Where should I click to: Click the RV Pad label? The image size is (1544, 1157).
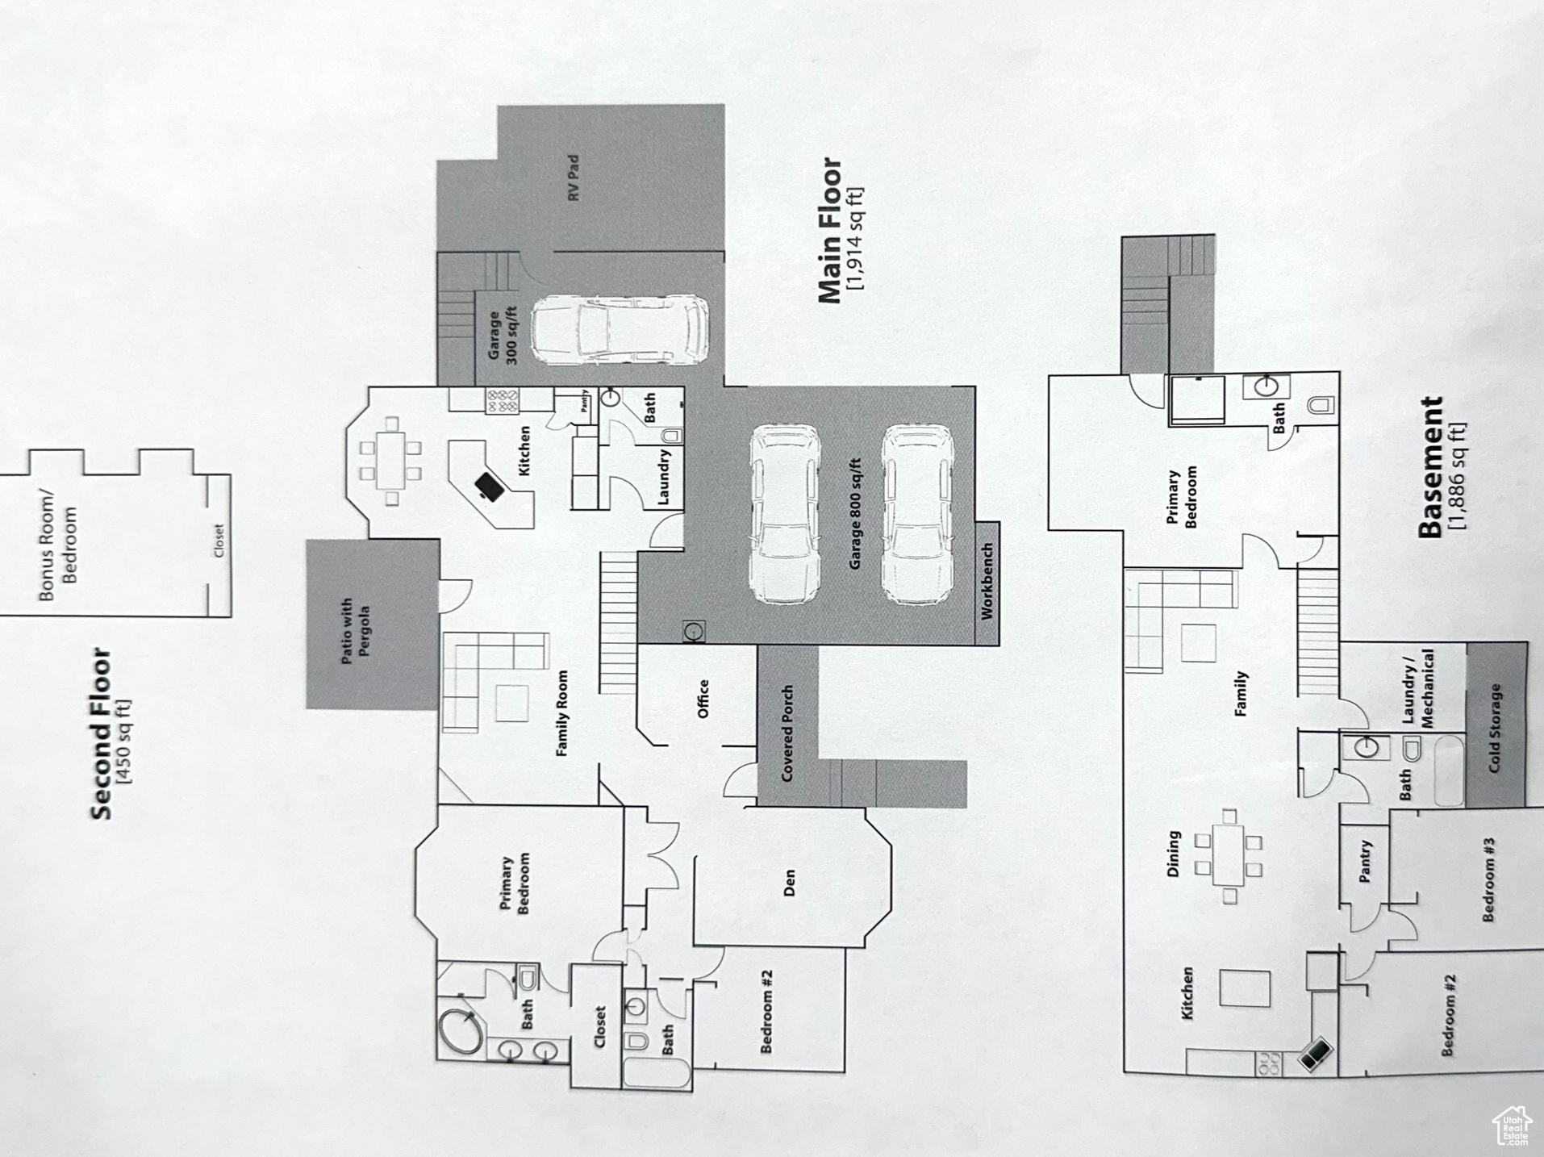tap(574, 178)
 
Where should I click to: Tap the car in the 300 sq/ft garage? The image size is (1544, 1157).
tap(620, 330)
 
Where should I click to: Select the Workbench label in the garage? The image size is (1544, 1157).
tap(987, 581)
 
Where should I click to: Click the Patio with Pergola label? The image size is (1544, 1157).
tap(355, 631)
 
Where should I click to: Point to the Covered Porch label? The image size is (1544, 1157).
tap(787, 733)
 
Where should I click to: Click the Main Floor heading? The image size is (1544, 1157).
tap(830, 232)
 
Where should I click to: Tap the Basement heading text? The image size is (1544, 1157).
tap(1430, 467)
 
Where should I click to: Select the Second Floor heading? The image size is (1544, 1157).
tap(101, 733)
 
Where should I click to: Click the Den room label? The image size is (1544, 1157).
tap(790, 883)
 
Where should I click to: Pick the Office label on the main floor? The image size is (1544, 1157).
tap(703, 699)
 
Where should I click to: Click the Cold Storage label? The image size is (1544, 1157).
tap(1495, 729)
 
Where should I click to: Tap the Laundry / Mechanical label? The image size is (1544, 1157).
tap(1418, 689)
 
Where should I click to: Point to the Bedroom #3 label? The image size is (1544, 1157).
tap(1489, 879)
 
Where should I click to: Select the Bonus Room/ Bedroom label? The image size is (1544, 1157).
tap(58, 545)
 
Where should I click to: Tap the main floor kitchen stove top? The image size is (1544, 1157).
tap(502, 401)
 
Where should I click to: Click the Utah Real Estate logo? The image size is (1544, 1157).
tap(1511, 1126)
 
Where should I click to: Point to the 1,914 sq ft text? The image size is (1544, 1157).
tap(855, 240)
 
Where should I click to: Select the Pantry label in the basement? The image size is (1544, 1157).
tap(1365, 862)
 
